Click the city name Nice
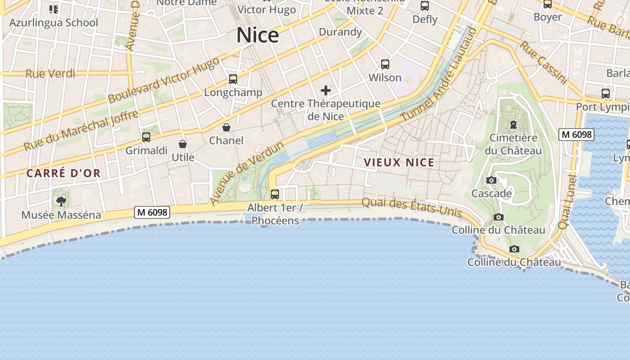[258, 35]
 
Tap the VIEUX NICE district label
[399, 162]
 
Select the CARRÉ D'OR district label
[63, 173]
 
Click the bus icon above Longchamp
[233, 79]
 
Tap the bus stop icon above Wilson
[385, 64]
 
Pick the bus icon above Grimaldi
[146, 137]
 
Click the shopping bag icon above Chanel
[226, 127]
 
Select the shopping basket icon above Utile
[183, 144]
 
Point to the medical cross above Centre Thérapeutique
[326, 90]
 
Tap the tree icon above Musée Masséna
[61, 201]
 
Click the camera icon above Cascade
[491, 180]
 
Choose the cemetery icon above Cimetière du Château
[513, 125]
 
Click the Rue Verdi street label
[50, 73]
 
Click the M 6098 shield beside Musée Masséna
[152, 212]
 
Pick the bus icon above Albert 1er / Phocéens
[274, 194]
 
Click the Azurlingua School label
[54, 22]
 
